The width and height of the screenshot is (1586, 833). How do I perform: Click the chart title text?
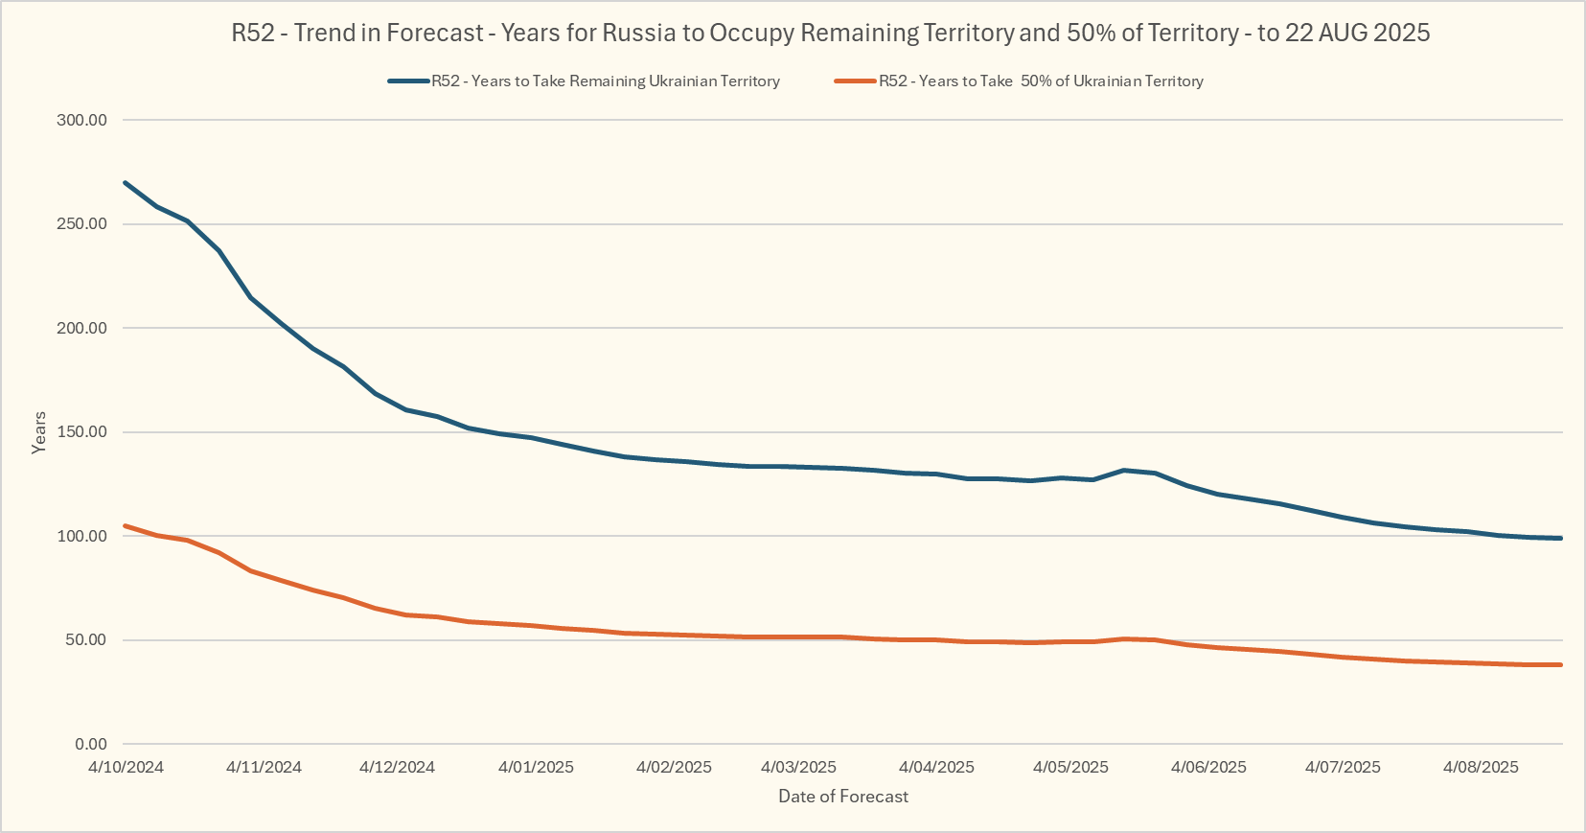(x=830, y=34)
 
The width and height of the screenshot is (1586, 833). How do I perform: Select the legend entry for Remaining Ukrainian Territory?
(x=605, y=81)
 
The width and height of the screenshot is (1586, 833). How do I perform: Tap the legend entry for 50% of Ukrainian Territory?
(x=1041, y=81)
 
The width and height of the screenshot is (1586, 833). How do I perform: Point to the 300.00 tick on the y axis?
(x=82, y=121)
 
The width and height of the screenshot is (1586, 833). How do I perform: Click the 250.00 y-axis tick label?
(x=82, y=224)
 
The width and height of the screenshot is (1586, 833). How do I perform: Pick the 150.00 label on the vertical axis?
(x=82, y=432)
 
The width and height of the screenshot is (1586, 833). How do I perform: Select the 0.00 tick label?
(x=90, y=745)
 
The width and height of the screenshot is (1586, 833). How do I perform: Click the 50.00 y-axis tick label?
(x=86, y=640)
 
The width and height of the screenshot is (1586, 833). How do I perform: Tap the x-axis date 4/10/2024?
(x=126, y=768)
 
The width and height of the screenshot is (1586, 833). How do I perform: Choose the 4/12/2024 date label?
(x=397, y=768)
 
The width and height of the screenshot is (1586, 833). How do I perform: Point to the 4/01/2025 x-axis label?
(x=536, y=768)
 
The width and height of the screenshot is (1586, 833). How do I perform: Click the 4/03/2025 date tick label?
(x=798, y=768)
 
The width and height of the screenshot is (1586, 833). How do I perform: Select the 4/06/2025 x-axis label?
(x=1208, y=768)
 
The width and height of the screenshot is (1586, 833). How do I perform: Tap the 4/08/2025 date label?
(x=1481, y=768)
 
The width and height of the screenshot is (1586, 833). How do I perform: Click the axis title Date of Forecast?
(x=843, y=797)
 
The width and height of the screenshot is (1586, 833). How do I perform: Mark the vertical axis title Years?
(x=39, y=432)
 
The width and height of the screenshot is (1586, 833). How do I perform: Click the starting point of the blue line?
(x=126, y=182)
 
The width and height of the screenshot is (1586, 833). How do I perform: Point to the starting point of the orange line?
(x=126, y=525)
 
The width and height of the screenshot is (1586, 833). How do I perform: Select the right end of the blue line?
(x=1560, y=538)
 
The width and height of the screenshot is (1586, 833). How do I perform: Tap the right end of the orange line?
(x=1560, y=664)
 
